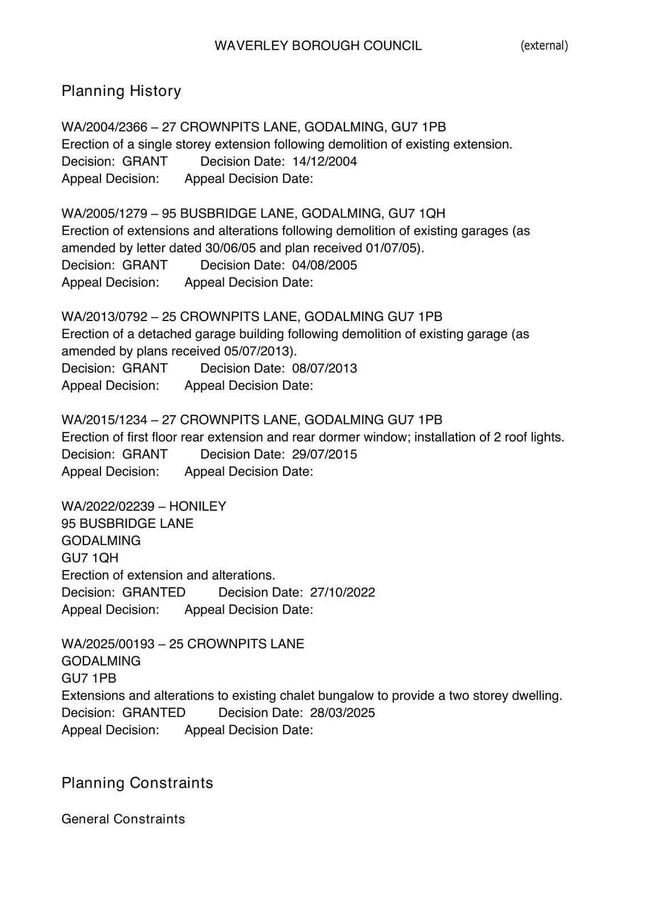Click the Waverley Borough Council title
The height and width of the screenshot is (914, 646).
[318, 46]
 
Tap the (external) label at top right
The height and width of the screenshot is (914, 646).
[544, 46]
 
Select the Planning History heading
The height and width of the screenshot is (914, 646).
[121, 91]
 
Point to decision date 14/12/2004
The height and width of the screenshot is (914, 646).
[324, 162]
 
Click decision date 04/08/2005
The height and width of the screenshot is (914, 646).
[324, 265]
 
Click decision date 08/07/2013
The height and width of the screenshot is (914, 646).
[324, 368]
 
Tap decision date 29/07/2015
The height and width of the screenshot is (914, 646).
[324, 454]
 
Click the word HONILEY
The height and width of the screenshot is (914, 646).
[197, 506]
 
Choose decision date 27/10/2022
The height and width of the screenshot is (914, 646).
[342, 592]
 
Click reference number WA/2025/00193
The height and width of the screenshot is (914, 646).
[108, 644]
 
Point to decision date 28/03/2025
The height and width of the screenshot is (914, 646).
[342, 713]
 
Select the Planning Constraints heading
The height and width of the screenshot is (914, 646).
[137, 783]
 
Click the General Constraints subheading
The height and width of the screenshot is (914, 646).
[123, 819]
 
